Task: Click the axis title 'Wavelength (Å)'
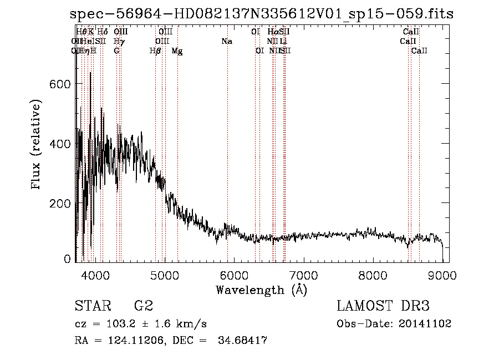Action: point(261,290)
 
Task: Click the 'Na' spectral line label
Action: point(227,42)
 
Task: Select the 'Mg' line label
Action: point(177,51)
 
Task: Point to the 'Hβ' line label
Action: point(155,51)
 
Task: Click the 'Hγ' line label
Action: point(119,42)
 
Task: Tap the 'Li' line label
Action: point(283,42)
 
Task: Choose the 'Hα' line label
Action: point(272,32)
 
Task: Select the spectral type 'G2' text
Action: point(144,306)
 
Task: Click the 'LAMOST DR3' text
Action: point(383,306)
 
